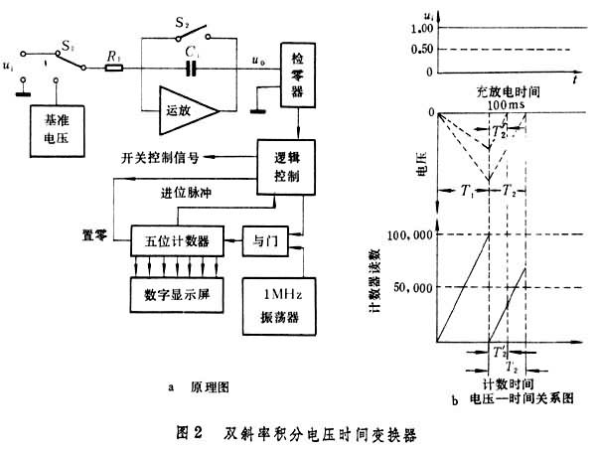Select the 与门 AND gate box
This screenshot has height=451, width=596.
(x=264, y=240)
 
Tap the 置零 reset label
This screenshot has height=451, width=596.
(x=95, y=234)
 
